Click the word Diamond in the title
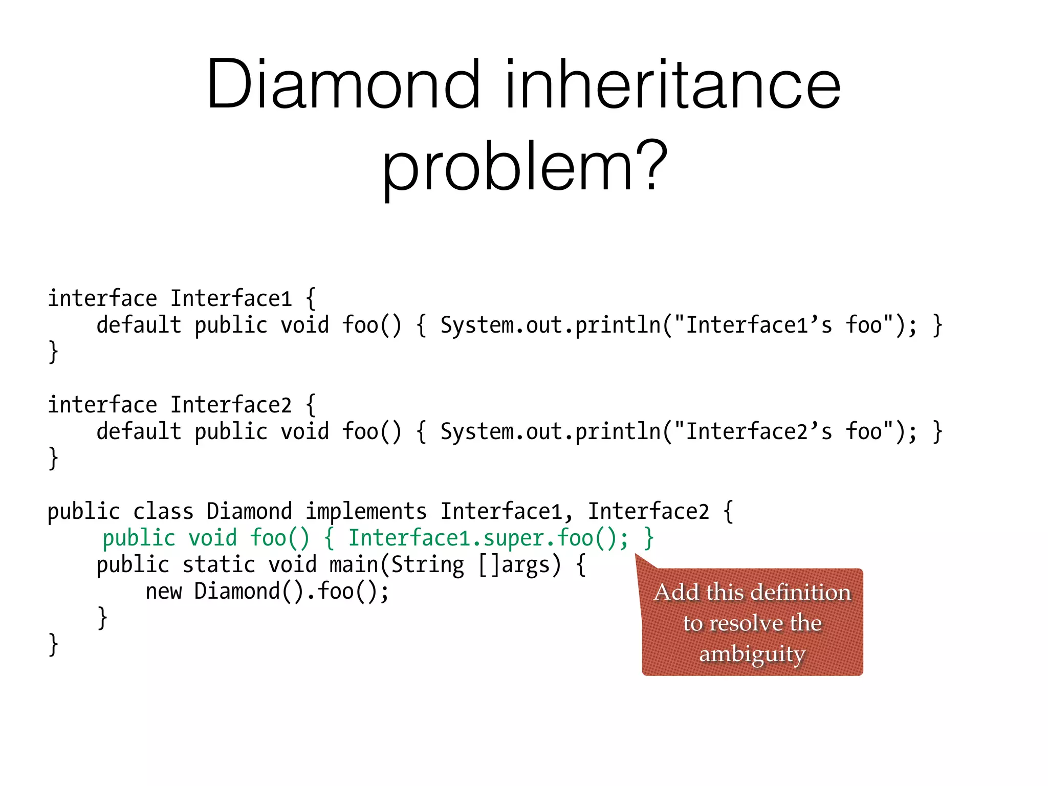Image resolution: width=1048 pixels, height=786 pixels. point(343,84)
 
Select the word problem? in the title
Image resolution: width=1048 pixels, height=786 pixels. point(525,166)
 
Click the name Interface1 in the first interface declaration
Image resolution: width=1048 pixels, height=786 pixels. point(231,298)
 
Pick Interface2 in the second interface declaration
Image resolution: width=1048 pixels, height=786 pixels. point(231,405)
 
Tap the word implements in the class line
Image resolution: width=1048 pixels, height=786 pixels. point(366,511)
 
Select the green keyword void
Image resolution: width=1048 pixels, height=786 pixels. point(212,538)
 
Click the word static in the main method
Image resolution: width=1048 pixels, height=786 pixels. point(219,564)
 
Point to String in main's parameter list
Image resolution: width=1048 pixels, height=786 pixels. point(428,564)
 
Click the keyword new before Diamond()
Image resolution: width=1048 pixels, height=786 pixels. point(163,591)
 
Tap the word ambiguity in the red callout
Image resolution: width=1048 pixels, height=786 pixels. point(752,654)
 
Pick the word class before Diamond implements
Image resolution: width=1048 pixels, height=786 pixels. point(163,511)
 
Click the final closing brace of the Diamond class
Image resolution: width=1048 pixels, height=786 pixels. point(53,644)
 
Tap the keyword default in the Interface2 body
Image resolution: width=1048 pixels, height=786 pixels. point(139,431)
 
